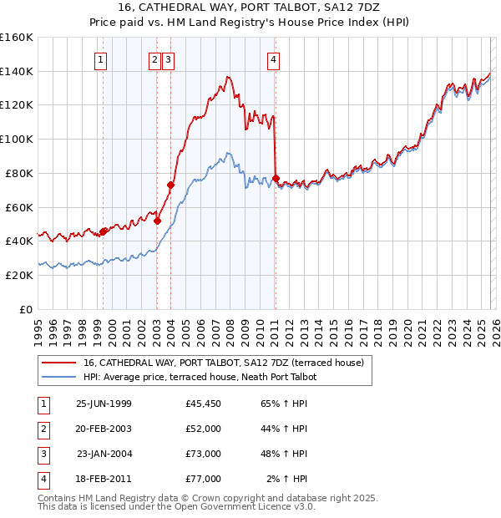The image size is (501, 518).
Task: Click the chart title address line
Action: pyautogui.click(x=250, y=8)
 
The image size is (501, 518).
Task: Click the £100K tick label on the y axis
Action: pyautogui.click(x=17, y=139)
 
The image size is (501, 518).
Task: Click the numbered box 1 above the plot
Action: pyautogui.click(x=100, y=59)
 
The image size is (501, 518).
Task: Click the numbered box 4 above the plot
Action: pyautogui.click(x=273, y=59)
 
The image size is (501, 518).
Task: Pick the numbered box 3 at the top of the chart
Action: pyautogui.click(x=168, y=59)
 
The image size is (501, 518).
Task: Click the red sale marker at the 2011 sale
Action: pyautogui.click(x=276, y=178)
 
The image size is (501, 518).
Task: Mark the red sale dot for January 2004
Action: pyautogui.click(x=170, y=185)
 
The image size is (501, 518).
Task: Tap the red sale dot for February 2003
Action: pyautogui.click(x=157, y=221)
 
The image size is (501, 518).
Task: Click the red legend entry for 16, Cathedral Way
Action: pyautogui.click(x=223, y=363)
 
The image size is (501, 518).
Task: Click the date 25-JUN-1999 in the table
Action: pyautogui.click(x=104, y=404)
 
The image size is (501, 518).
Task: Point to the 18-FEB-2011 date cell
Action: pyautogui.click(x=104, y=479)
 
